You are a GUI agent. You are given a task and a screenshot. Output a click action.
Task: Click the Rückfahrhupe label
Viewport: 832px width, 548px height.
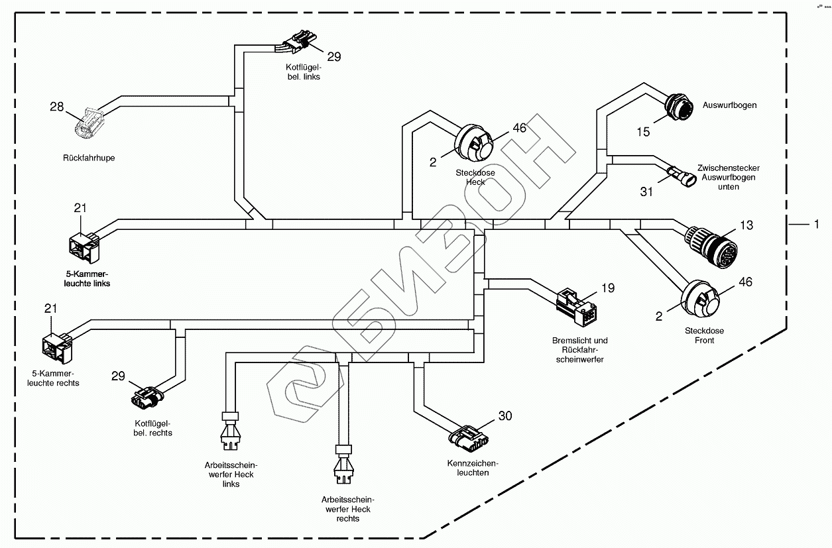89,158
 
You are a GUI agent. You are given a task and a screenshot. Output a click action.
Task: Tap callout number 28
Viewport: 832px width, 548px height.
58,106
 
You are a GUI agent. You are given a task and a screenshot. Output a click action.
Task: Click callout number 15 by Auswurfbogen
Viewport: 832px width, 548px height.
644,132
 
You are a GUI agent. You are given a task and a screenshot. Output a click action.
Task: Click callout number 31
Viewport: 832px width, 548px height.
646,192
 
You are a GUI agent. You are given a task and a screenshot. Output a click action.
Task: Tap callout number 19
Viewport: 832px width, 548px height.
608,288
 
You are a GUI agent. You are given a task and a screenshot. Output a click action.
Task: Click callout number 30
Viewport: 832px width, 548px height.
505,416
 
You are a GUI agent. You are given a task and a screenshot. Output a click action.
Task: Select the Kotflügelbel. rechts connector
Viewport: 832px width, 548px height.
146,396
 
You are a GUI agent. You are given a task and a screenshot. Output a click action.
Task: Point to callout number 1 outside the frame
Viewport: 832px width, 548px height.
817,225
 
